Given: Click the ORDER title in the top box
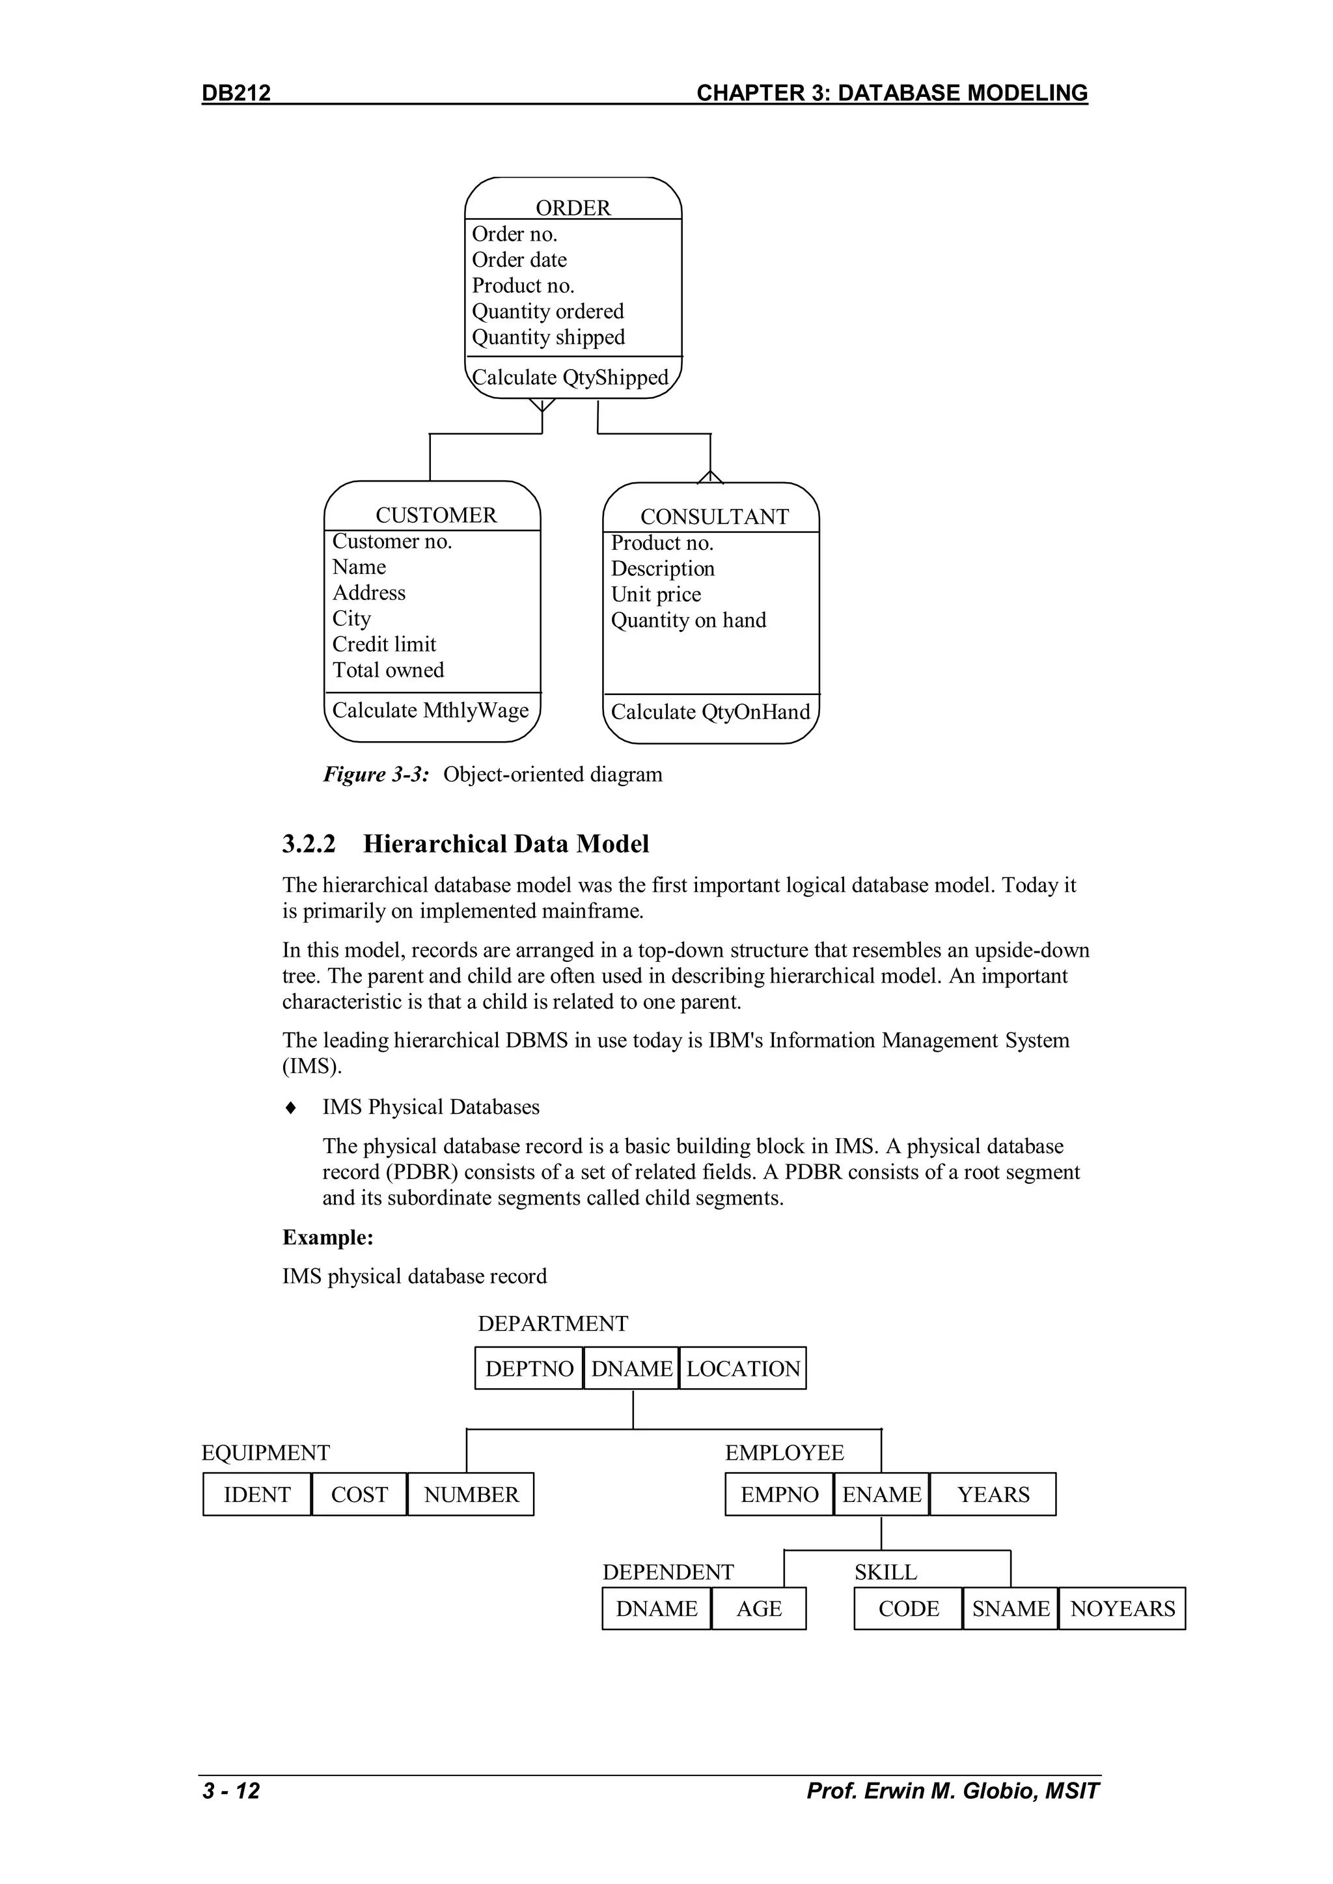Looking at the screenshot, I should [573, 208].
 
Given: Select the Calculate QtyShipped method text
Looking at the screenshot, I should [570, 377].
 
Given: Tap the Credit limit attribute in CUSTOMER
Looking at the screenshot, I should [384, 644].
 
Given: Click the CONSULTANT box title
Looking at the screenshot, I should [714, 516].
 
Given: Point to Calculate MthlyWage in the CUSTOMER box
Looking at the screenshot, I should [430, 710].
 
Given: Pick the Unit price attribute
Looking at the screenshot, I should [656, 594].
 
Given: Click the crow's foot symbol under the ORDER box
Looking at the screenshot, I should [542, 405].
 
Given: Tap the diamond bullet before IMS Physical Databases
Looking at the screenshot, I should [290, 1108].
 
